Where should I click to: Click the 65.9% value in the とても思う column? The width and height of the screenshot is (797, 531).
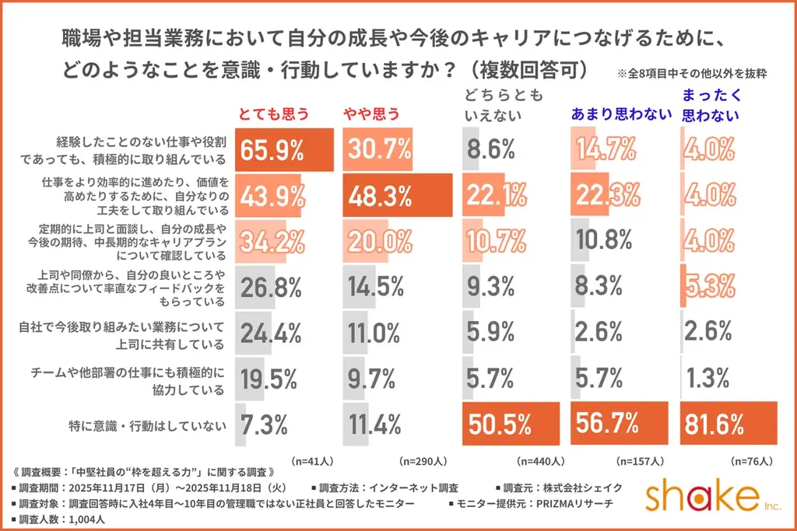point(272,150)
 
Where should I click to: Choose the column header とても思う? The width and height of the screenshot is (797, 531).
point(272,114)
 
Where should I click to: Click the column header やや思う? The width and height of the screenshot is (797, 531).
point(371,114)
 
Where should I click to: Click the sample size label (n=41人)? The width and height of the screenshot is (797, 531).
point(311,460)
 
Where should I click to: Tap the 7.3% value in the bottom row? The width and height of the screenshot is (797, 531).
point(265,424)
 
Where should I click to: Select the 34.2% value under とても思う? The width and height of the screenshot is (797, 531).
point(272,242)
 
